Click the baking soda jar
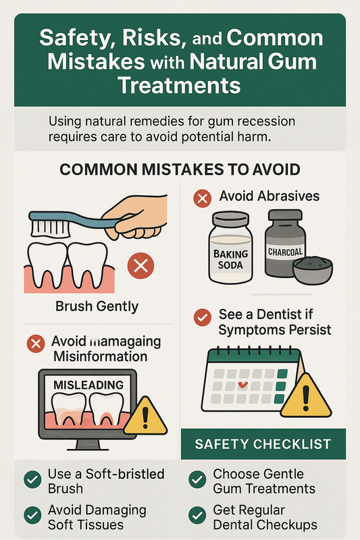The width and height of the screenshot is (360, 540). coord(230,247)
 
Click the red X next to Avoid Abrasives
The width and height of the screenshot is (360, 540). coord(203,198)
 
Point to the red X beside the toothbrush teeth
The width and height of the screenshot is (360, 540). coord(140,265)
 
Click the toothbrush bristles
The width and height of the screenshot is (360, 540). coord(50,229)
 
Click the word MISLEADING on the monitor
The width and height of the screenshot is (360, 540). coord(88,385)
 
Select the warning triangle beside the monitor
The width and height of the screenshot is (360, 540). coord(145,417)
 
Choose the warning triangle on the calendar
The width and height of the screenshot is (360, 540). coord(305,396)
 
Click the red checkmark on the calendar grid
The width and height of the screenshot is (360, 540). coord(243,385)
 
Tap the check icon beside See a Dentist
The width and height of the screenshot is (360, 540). coord(203,317)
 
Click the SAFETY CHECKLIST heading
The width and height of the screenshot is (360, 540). coord(263,444)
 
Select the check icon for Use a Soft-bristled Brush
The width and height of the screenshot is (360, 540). coord(32,479)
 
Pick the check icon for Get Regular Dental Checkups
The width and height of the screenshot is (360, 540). coord(197,516)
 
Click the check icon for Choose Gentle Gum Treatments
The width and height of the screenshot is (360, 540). coord(197,479)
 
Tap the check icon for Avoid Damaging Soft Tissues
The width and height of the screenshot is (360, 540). coord(32,516)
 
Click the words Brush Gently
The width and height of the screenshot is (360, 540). coord(97,306)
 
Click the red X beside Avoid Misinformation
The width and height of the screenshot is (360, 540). coord(36,344)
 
